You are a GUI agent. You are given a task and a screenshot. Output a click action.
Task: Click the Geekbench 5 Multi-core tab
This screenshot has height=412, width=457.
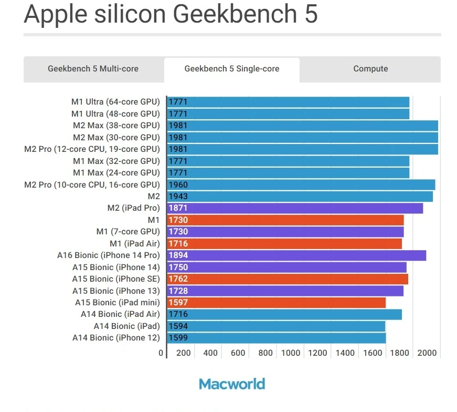point(93,69)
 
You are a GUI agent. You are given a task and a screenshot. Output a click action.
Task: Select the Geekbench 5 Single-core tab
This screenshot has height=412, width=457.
point(231,69)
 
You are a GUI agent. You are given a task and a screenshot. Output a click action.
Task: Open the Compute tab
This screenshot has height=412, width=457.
point(370,69)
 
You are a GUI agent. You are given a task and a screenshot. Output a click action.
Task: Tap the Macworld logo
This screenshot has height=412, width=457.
point(232,384)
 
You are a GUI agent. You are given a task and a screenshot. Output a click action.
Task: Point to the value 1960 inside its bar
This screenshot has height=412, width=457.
point(178,185)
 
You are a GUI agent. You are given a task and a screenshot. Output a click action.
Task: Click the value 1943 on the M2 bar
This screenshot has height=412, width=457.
point(178,197)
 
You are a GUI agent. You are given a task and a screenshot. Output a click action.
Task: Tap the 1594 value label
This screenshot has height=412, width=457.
point(178,326)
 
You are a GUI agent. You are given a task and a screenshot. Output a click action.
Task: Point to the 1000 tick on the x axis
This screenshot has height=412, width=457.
point(291,353)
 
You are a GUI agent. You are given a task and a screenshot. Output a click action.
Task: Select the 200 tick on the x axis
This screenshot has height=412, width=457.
point(184,353)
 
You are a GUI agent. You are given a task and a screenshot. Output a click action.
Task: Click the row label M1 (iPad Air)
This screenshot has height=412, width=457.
point(134,244)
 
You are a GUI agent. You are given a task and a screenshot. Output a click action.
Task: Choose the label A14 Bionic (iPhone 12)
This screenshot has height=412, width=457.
point(116,338)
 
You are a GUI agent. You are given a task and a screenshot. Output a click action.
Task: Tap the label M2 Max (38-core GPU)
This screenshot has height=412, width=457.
point(116,126)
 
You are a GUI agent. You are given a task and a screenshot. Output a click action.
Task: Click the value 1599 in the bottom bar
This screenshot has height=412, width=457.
point(178,338)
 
